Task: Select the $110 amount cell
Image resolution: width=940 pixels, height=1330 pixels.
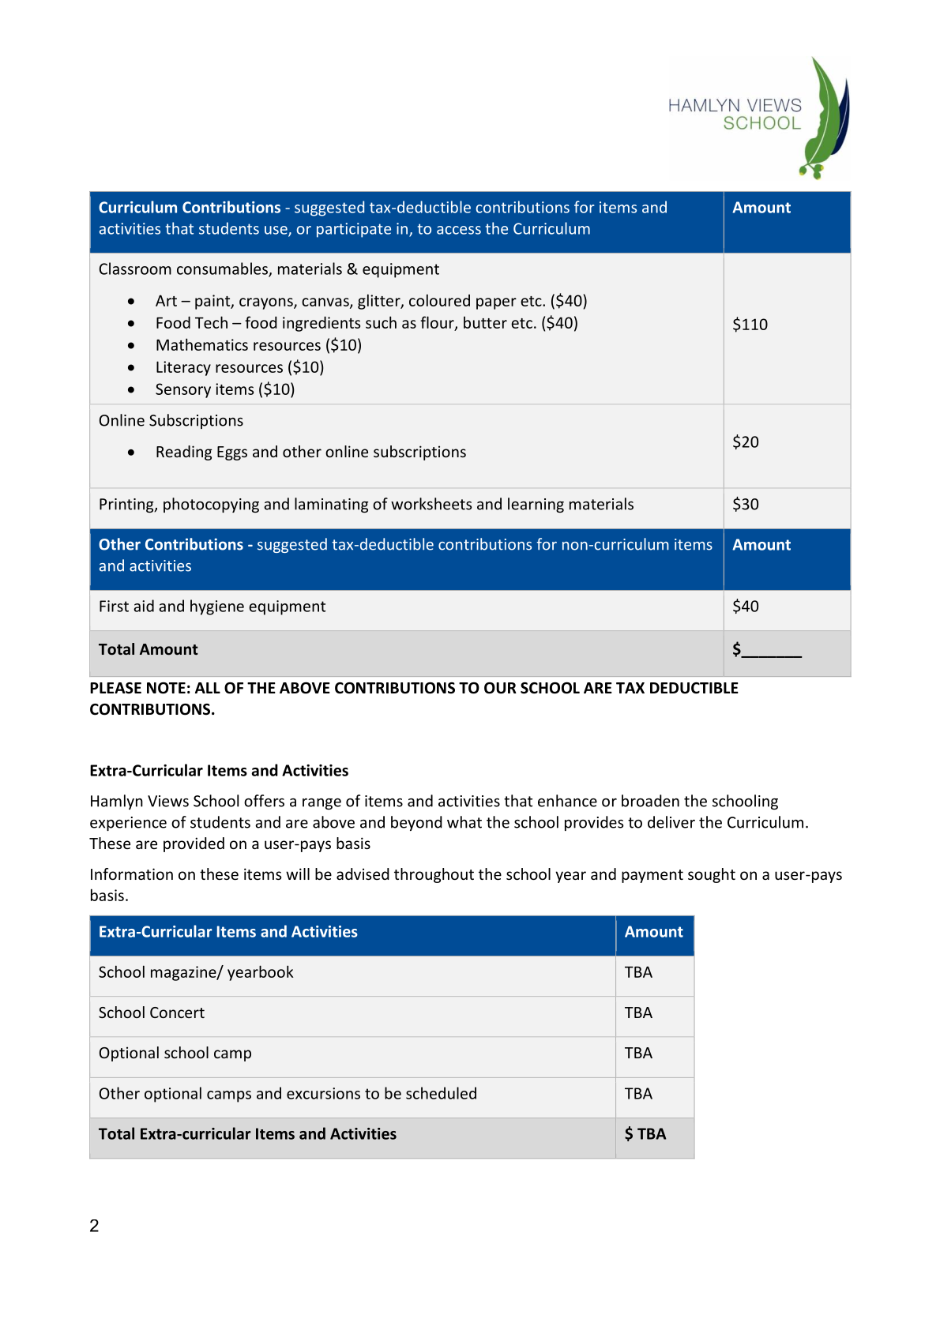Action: click(750, 325)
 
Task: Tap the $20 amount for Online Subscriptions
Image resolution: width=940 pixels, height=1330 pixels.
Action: click(745, 442)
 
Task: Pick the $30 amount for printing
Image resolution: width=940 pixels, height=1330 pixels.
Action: click(745, 505)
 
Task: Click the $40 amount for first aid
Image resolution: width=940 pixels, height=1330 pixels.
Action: click(745, 607)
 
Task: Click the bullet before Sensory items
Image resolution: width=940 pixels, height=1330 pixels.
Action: click(131, 390)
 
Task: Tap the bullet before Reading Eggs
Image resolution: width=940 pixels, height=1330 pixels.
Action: click(131, 453)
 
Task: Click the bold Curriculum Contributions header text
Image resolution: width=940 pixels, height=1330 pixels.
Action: click(190, 208)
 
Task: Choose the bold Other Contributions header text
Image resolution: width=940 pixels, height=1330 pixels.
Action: click(171, 545)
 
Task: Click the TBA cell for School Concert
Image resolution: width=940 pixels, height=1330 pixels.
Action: click(638, 1013)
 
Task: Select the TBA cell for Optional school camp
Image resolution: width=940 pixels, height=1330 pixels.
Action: click(638, 1054)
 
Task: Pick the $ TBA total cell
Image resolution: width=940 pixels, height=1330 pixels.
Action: click(645, 1134)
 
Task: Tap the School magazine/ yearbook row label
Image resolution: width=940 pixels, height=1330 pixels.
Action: click(196, 973)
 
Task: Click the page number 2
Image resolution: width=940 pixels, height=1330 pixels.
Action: click(94, 1226)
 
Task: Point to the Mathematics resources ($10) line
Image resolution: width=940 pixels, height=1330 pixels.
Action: click(258, 345)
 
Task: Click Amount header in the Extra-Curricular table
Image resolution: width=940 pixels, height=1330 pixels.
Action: click(653, 932)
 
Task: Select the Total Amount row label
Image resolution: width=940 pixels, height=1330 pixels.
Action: click(148, 650)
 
